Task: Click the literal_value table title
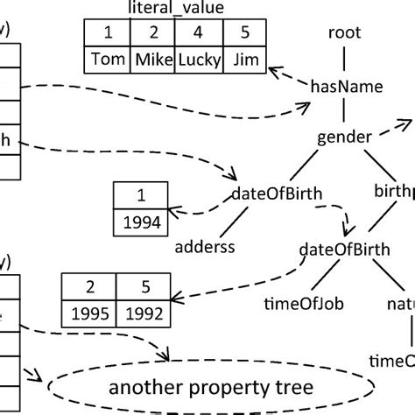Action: click(x=176, y=11)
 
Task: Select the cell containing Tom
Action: click(x=108, y=61)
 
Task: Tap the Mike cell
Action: click(x=154, y=61)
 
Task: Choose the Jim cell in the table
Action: click(x=247, y=61)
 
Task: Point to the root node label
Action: click(x=344, y=33)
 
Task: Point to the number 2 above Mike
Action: click(x=154, y=34)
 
